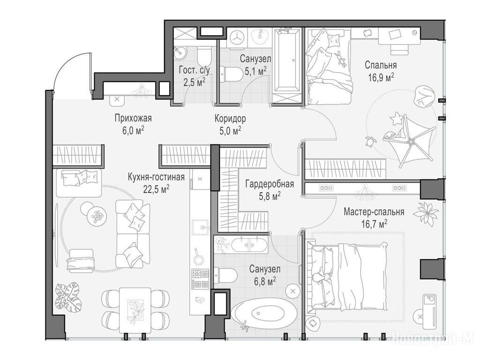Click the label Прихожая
point(133,118)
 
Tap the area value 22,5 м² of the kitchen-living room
point(156,189)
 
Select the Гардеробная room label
point(270,184)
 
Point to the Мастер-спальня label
point(374,211)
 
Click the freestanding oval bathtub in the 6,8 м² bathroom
point(264,313)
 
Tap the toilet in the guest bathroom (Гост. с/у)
point(204,56)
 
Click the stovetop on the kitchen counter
point(200,278)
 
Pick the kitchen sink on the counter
point(200,227)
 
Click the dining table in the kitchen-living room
point(135,310)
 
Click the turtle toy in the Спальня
point(371,142)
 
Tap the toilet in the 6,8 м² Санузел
point(225,275)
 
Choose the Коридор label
point(230,118)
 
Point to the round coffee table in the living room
point(97,216)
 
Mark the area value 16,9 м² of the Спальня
point(381,77)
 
